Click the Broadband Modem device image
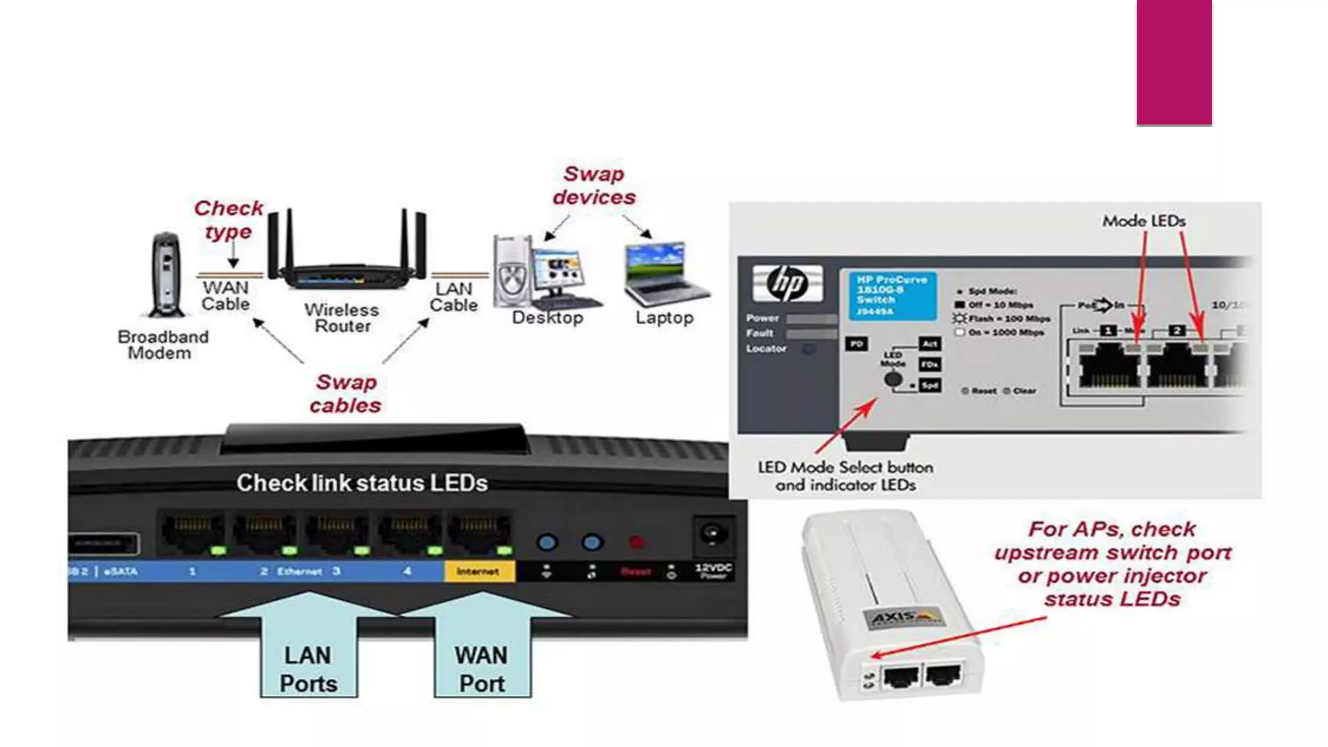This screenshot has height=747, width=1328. point(165,275)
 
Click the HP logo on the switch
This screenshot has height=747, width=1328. point(787,283)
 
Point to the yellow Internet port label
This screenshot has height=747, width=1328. point(479,571)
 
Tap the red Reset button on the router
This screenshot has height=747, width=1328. point(636,542)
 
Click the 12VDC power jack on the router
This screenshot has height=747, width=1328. point(713,536)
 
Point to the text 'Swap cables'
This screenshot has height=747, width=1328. point(346,394)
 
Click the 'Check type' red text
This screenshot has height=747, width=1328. point(228,219)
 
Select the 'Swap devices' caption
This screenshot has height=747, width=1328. point(594,185)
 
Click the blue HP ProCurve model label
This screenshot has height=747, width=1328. point(892,296)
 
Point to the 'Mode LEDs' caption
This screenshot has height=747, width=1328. point(1144,221)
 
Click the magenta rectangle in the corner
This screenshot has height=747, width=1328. point(1174,62)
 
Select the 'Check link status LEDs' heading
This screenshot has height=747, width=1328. point(362,483)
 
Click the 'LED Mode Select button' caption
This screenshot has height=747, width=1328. point(846,476)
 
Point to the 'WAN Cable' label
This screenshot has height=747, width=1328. point(226,296)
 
